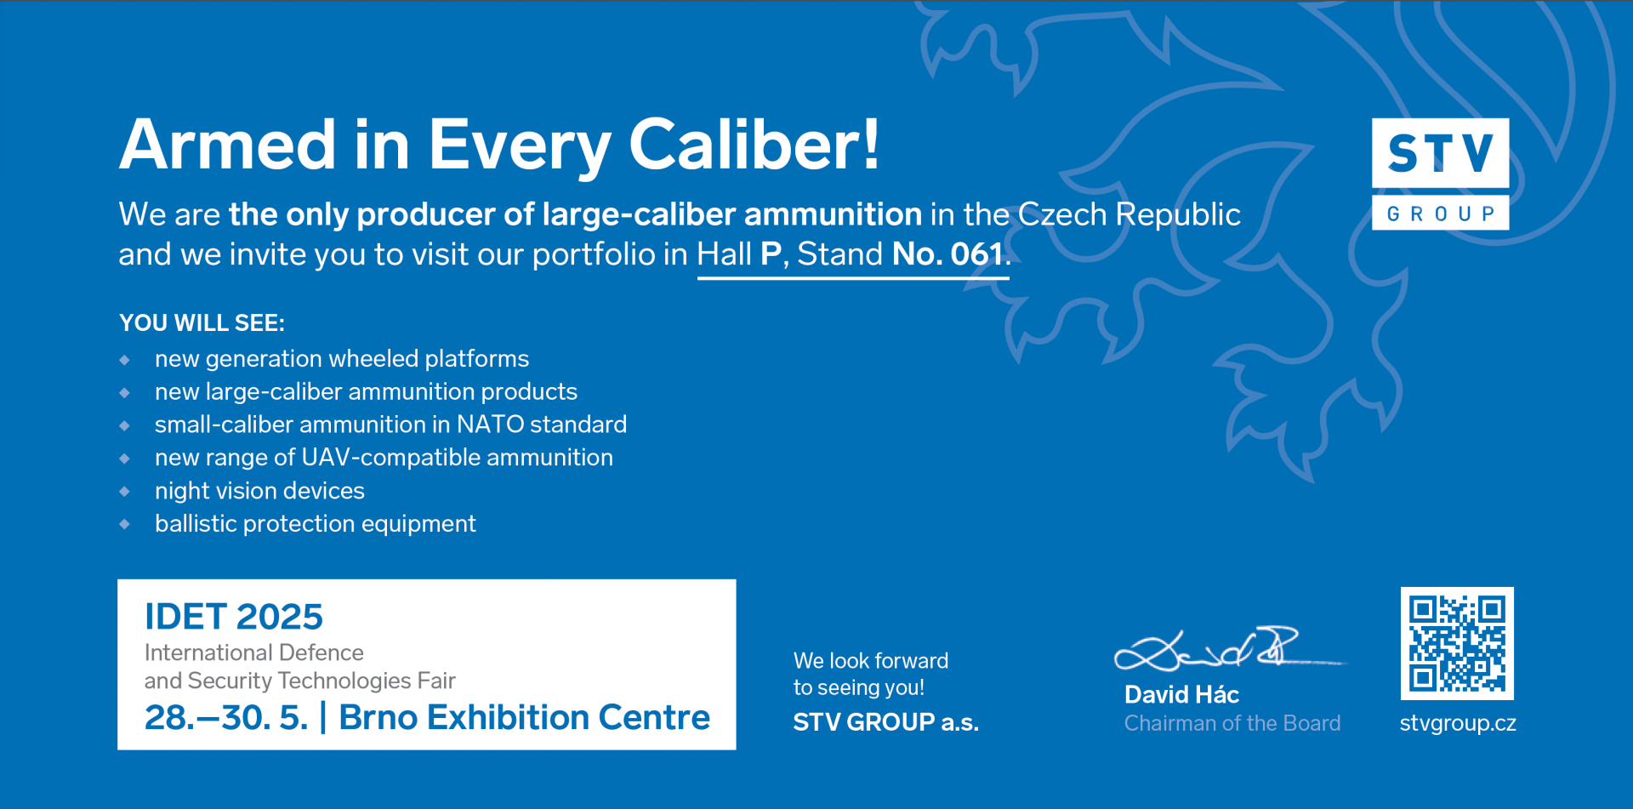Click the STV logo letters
[1440, 153]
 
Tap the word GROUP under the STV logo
[1441, 214]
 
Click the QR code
[1457, 643]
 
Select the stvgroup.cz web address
[1458, 723]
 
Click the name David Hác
[1181, 695]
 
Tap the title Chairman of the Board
[1232, 723]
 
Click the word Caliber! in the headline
[754, 144]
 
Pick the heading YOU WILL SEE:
[202, 323]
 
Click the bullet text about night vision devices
[259, 491]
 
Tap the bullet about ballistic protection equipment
[316, 524]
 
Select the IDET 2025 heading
[234, 617]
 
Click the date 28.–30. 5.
[226, 718]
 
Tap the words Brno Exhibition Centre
[524, 718]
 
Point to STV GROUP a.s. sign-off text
[886, 722]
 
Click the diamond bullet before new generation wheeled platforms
[125, 360]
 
